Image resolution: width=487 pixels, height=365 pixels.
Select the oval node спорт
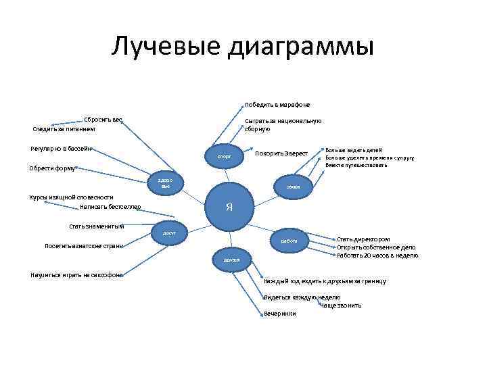(224, 157)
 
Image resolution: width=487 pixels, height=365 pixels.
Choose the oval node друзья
(222, 260)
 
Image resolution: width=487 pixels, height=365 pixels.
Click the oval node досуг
(169, 232)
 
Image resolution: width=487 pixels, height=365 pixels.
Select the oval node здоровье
(166, 182)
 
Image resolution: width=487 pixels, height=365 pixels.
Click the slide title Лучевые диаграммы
(243, 46)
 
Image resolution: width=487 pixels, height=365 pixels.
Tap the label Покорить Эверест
(281, 153)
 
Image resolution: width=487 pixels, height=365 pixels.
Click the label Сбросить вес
(103, 120)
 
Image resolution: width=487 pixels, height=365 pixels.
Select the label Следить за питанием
(64, 128)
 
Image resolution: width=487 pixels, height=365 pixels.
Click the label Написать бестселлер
(110, 206)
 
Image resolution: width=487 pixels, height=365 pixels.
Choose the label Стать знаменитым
(97, 226)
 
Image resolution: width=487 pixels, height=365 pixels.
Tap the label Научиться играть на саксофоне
(76, 274)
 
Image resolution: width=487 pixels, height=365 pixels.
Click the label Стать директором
(363, 239)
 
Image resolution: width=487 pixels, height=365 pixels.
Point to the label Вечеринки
(280, 314)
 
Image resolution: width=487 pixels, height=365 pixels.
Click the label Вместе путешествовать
(356, 165)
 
